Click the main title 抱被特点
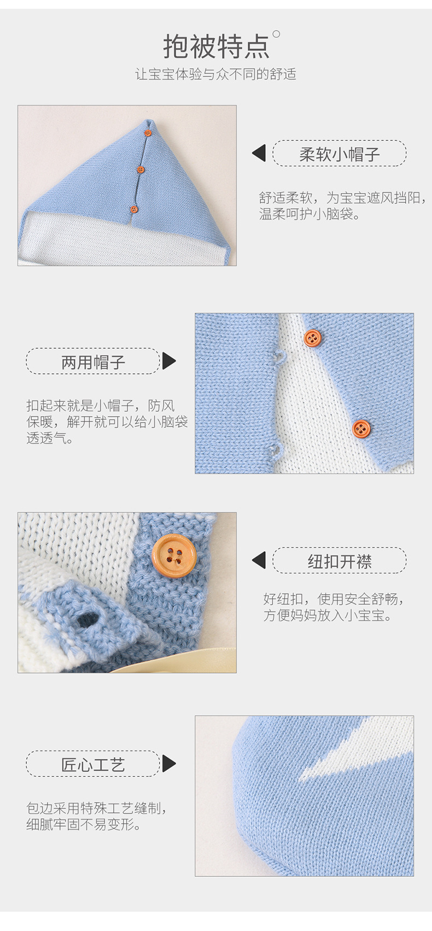coord(216,46)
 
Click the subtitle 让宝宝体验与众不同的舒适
coord(215,74)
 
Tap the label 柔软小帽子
coord(339,154)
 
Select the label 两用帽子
coord(93,361)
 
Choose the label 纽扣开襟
coord(339,561)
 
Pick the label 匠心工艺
coord(93,764)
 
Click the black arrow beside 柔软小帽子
coord(259,153)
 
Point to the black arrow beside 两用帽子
coord(169,361)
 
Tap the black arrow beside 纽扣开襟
coord(259,560)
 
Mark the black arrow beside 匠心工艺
coord(169,764)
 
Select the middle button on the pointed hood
coord(141,169)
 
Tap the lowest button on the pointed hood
coord(134,209)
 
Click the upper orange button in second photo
coord(312,338)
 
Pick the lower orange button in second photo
coord(361,429)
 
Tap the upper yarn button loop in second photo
coord(279,357)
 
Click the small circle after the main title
coord(277,34)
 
